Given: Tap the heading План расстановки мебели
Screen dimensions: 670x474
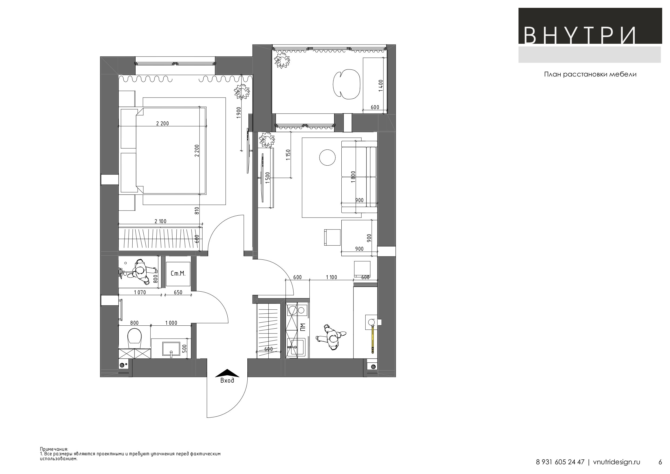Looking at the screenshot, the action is [590, 75].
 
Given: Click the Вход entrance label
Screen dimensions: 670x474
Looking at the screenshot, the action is [227, 380].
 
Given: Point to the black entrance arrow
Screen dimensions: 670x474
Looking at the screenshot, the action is [227, 373].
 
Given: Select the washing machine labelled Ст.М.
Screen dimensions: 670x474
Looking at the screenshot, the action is [178, 274].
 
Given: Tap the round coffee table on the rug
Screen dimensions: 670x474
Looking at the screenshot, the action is [327, 158].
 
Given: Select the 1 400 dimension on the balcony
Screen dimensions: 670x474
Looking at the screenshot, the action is [381, 85].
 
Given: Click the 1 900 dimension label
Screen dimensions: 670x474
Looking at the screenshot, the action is [239, 113].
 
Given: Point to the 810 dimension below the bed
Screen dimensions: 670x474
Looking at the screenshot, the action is [197, 211].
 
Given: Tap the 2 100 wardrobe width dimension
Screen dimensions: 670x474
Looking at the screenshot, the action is [160, 221].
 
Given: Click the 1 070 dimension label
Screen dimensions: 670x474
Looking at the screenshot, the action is [140, 292].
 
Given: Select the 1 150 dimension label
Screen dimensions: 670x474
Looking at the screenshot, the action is [288, 155].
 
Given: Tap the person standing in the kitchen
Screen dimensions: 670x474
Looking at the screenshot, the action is [331, 337].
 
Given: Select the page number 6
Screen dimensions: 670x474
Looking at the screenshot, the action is [660, 462].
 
